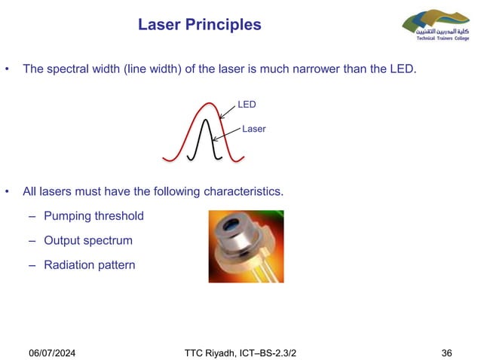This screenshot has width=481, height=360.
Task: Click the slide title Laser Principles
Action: pos(200,25)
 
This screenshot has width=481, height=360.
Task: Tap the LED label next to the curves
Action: pos(247,105)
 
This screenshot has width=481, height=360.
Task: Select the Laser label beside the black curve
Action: pos(254,129)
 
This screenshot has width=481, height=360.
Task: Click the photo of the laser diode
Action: pos(246,246)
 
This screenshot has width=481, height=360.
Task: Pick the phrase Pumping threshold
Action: pos(93,216)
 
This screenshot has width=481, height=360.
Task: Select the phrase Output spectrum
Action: pos(88,241)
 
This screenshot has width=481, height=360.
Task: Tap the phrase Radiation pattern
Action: pos(90,265)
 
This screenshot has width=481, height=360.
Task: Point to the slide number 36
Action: pos(446,332)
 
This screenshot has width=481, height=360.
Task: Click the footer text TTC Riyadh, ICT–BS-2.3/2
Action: pos(245,332)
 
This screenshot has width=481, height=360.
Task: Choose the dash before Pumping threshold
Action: pos(32,216)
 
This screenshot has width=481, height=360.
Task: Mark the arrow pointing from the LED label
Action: pos(228,111)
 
